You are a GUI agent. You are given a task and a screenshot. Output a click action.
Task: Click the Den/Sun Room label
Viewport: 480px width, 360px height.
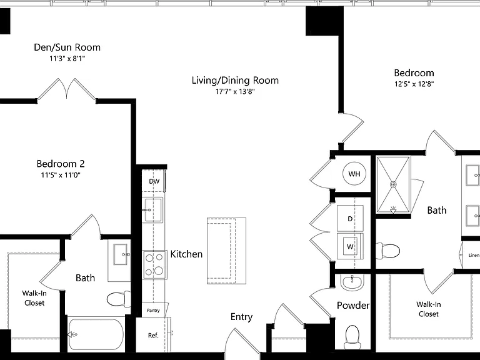(67, 47)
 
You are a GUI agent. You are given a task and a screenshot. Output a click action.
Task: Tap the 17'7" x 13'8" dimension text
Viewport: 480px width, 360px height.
(235, 91)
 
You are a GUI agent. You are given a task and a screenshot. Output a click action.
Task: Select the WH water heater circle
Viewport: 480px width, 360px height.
(354, 174)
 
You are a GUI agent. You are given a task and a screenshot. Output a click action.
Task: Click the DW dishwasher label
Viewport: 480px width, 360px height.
(154, 181)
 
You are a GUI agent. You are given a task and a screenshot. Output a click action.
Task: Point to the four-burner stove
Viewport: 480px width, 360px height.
(154, 265)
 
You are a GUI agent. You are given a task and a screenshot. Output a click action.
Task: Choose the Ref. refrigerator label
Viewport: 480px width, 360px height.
(153, 335)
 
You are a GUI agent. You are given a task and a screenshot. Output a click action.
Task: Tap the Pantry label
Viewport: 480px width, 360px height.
(153, 311)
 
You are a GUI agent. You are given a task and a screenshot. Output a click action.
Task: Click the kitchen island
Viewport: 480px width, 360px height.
(226, 251)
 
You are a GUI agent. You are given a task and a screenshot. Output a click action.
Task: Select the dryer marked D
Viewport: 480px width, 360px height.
(350, 218)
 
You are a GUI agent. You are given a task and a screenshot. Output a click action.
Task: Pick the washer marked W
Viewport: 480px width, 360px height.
(350, 246)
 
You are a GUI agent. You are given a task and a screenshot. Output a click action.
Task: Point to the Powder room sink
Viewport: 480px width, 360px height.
(352, 282)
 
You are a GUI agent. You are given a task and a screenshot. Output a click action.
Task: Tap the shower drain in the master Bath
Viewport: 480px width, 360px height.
(393, 184)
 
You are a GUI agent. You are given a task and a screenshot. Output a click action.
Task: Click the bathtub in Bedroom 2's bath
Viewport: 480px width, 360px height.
(96, 334)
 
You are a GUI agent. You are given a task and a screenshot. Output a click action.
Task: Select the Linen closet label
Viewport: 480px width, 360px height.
(474, 255)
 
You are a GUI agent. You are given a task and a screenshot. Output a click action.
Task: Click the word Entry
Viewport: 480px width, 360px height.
(241, 317)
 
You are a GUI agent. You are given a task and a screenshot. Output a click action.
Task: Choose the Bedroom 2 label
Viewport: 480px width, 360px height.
(61, 164)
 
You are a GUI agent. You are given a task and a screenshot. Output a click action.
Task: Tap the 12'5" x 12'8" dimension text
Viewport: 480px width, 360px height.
(414, 84)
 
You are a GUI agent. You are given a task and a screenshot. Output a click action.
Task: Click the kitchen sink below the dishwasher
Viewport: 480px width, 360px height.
(154, 210)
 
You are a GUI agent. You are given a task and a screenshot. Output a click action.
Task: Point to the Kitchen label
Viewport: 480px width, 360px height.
(186, 254)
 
